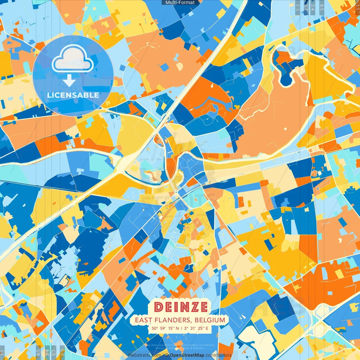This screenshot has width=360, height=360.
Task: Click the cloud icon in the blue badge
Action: coord(73,58)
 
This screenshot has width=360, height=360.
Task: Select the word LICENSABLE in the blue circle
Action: coord(73,95)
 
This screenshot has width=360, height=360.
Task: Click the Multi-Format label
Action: coord(180,3)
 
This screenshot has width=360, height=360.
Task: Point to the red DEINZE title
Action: coord(181,307)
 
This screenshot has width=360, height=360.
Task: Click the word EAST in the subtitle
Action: coord(143,320)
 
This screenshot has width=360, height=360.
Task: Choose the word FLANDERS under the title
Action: coord(172,320)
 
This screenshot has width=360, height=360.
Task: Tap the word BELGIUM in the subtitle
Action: coord(210,320)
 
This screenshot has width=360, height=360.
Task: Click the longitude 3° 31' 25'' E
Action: coord(196,328)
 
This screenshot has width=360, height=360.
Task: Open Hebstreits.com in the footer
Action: coord(145,355)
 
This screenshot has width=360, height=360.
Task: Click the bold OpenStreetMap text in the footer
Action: coord(187,355)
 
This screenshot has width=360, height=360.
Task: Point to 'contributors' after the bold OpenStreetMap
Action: coord(219,355)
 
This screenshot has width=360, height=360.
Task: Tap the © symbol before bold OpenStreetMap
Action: coord(167,355)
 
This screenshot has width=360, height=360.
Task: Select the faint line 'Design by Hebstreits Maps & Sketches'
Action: coord(180,348)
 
